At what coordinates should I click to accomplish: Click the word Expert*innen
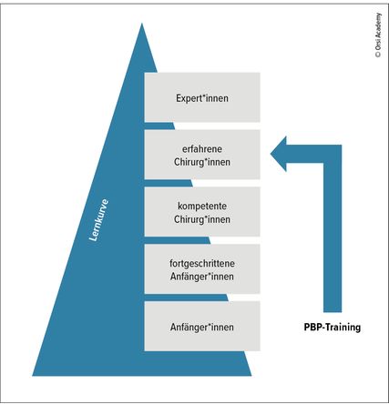[202, 98]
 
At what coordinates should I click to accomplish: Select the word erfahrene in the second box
[202, 149]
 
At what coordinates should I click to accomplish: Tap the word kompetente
[202, 207]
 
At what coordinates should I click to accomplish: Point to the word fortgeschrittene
[202, 263]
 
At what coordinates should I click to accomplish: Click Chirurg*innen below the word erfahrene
[202, 162]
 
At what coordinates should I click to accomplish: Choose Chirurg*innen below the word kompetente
[202, 219]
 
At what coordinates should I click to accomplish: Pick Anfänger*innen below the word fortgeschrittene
[202, 277]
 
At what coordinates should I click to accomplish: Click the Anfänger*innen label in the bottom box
[202, 327]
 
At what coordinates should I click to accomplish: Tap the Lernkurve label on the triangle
[98, 220]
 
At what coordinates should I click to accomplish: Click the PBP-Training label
[333, 328]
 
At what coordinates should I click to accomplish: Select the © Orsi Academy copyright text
[378, 35]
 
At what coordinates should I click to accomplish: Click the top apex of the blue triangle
[142, 24]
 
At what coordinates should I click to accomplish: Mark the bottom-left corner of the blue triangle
[33, 376]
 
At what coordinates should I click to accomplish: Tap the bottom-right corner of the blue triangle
[251, 376]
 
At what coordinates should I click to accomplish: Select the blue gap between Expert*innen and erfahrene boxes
[159, 126]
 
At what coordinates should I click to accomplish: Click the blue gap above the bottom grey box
[186, 298]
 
